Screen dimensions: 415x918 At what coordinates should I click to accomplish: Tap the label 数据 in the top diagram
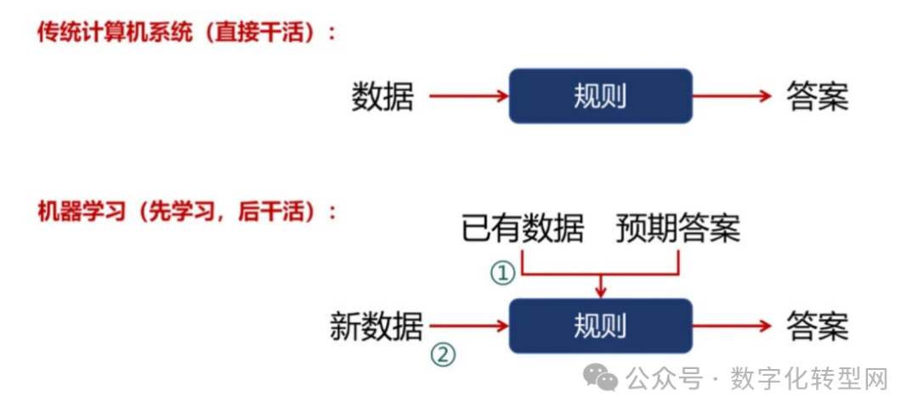(382, 97)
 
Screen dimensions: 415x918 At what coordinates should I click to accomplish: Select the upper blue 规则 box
(600, 96)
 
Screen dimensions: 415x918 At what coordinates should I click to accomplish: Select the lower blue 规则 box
(600, 326)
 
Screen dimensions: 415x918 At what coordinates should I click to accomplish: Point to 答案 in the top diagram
(817, 97)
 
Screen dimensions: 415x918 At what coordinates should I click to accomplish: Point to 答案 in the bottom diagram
(817, 327)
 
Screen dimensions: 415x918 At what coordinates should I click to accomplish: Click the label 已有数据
(523, 229)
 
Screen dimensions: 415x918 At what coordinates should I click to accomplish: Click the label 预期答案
(677, 229)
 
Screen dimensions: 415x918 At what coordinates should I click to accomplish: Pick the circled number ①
(502, 274)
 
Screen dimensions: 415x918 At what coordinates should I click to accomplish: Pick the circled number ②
(442, 354)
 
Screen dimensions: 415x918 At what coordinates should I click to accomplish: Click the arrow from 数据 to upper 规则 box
(468, 96)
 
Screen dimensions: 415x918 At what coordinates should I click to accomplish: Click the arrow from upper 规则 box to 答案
(732, 96)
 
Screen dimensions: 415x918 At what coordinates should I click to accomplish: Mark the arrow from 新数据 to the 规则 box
(468, 326)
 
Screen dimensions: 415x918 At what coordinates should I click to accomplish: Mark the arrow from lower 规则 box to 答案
(732, 326)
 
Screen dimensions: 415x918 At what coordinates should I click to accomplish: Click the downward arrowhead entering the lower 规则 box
(601, 292)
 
